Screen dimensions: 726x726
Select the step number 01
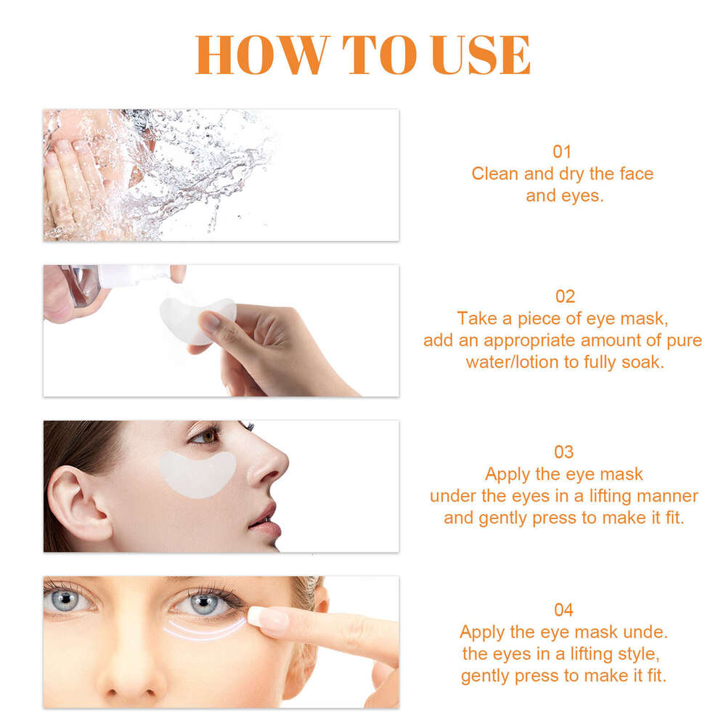tap(563, 152)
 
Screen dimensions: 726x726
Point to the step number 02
tap(564, 296)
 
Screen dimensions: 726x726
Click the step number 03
tap(564, 452)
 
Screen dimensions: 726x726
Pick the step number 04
tap(564, 609)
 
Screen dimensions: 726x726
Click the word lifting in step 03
tap(587, 496)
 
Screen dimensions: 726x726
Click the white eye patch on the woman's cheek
tap(197, 473)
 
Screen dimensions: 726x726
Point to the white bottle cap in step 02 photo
tap(134, 274)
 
